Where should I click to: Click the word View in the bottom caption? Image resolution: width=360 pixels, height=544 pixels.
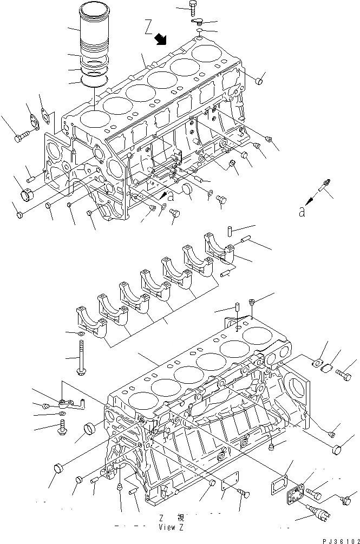(166, 526)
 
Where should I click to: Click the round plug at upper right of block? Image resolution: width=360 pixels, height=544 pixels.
(259, 82)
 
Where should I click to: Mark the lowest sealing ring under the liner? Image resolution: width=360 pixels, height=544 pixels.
(95, 82)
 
